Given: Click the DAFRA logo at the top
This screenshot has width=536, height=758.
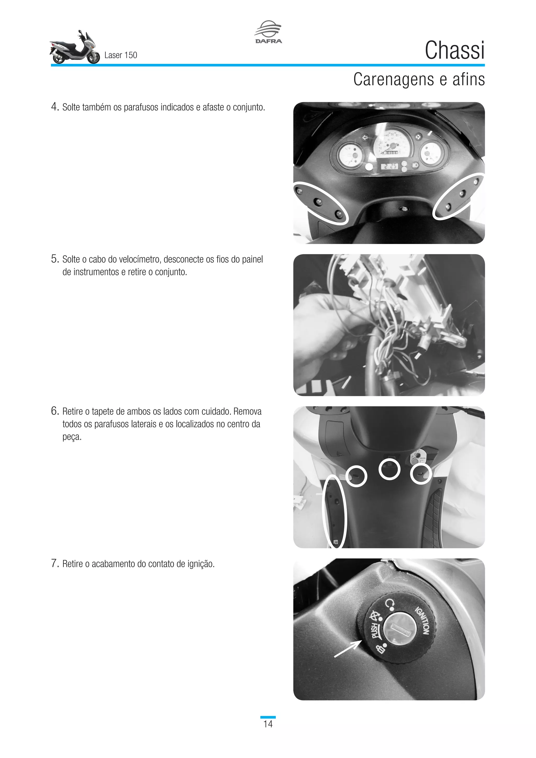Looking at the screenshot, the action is (268, 32).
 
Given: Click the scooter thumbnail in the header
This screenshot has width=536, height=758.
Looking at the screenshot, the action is (75, 47).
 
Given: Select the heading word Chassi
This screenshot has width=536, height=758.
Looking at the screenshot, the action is (455, 51).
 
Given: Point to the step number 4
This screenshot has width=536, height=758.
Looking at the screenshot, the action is (55, 107).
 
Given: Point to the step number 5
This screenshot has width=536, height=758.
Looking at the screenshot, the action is (55, 259).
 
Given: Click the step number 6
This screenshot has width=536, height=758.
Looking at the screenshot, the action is (55, 411).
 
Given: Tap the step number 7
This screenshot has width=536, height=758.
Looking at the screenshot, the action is (55, 563).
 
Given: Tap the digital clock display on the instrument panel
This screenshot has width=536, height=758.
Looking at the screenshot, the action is (389, 166).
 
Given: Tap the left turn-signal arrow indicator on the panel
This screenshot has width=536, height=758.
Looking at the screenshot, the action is (365, 137).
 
